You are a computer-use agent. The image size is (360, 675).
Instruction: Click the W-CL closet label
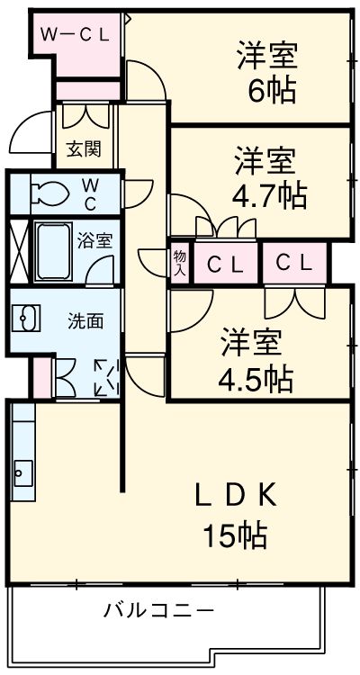75,34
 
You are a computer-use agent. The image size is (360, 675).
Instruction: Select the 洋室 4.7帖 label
269,178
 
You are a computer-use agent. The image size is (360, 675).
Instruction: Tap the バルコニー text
158,610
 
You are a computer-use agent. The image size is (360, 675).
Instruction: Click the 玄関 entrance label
84,148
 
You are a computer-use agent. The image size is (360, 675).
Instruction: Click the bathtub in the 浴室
53,251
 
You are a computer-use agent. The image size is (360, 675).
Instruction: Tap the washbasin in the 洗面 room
26,318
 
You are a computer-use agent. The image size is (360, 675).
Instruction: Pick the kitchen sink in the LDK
23,473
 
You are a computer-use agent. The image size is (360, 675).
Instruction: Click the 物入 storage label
179,264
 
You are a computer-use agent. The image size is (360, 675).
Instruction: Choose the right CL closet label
293,263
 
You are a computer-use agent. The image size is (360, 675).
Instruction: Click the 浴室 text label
94,241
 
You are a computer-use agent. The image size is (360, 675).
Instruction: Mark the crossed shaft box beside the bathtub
19,252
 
